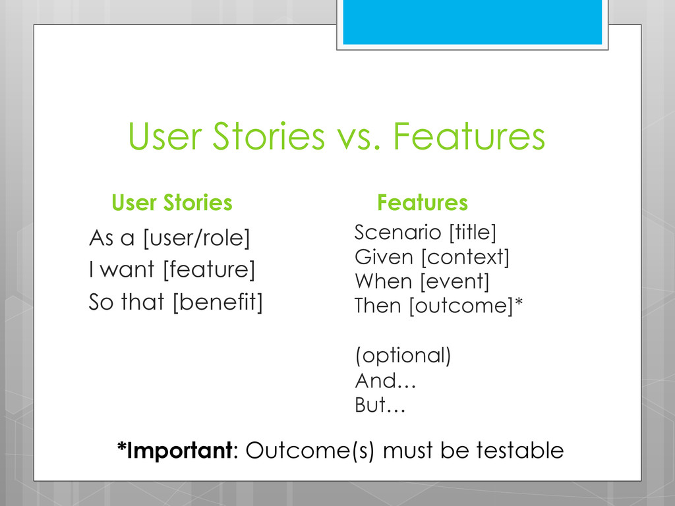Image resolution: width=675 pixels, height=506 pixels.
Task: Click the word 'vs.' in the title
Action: click(x=359, y=137)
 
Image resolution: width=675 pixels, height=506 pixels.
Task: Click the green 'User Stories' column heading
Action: click(x=172, y=202)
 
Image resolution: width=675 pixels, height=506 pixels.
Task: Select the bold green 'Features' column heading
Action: click(x=423, y=202)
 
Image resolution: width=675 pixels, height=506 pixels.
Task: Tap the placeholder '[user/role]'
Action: click(x=196, y=238)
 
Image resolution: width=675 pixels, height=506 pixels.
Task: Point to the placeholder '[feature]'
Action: click(x=209, y=269)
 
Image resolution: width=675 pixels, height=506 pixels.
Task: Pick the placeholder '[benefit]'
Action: click(x=218, y=302)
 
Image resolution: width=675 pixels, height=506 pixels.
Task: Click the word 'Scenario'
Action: click(x=397, y=233)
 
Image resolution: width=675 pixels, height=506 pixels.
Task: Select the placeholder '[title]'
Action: click(x=473, y=233)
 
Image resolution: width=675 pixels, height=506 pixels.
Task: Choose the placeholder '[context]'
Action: click(x=465, y=258)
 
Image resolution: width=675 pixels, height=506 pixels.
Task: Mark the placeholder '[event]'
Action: click(x=455, y=281)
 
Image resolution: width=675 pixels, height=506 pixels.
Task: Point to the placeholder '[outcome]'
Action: click(x=461, y=306)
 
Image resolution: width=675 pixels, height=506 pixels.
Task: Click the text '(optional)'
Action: click(x=403, y=356)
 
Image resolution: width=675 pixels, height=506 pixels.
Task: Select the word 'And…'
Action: click(x=385, y=380)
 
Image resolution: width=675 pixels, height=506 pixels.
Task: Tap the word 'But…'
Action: click(x=380, y=405)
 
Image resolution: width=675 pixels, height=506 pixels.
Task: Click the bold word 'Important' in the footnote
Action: click(x=179, y=451)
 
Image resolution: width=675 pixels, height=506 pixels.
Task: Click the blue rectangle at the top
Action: click(x=472, y=22)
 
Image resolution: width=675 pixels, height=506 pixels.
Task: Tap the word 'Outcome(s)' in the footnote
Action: click(x=310, y=451)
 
